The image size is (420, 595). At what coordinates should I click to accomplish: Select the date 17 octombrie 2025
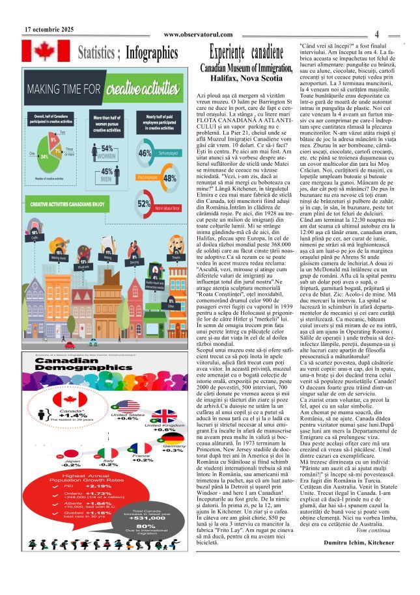point(49,29)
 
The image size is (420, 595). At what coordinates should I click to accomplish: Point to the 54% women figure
point(107,149)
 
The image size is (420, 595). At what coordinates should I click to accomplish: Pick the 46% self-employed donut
point(145,153)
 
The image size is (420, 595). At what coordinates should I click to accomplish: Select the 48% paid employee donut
point(169,178)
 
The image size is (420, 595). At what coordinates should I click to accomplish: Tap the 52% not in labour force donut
point(144,203)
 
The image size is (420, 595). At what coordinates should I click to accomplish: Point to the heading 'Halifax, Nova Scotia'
point(237,77)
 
